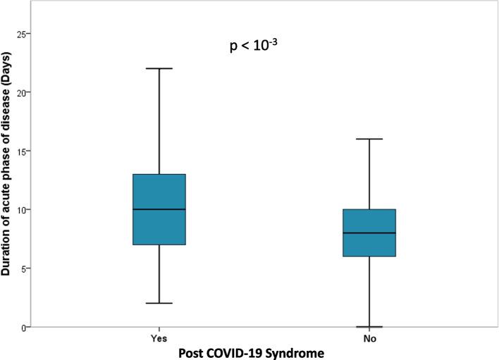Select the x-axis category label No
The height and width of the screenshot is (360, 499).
(x=369, y=337)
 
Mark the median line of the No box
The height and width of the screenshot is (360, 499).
(x=369, y=232)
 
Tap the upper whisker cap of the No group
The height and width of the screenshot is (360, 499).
(x=369, y=139)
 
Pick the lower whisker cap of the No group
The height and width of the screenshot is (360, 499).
(x=369, y=327)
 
